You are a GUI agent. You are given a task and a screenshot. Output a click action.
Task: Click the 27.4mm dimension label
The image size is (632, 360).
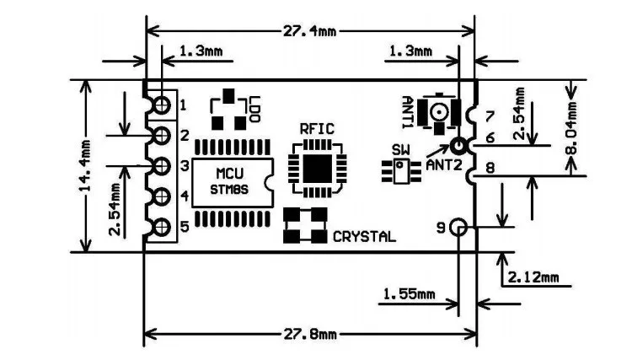pos(308,30)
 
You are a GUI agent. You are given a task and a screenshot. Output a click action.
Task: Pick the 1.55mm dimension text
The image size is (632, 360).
pos(410,294)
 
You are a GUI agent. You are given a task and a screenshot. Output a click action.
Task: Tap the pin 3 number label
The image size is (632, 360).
pos(184,166)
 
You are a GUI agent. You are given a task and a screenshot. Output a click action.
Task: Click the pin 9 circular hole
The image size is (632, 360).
pos(458,227)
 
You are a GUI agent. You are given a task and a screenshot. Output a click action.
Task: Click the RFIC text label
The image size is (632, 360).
pos(317,129)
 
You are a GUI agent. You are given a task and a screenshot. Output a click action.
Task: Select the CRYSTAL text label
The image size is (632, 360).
pos(364,237)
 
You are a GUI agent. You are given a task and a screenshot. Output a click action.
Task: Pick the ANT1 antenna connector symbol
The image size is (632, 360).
pos(439,111)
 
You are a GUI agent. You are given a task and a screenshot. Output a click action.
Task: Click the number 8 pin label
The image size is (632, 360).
pos(490,168)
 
